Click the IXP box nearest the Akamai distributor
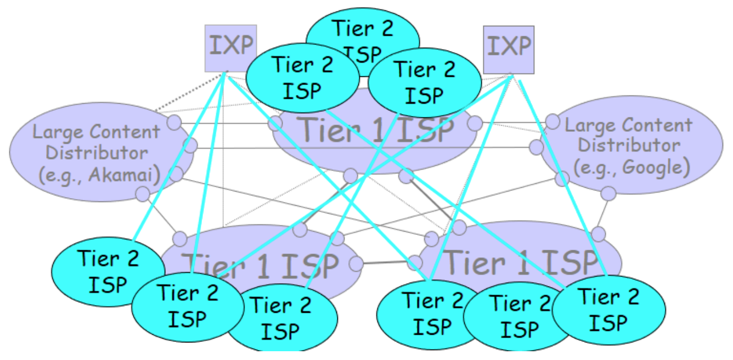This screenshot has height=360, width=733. (x=230, y=48)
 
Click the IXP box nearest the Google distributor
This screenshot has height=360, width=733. (x=509, y=49)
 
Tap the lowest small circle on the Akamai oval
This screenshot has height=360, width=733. (x=143, y=193)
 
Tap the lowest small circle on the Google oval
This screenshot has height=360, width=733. (x=608, y=193)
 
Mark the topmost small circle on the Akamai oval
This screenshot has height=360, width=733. (x=174, y=122)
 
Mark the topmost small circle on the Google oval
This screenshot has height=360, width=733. (x=552, y=121)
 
